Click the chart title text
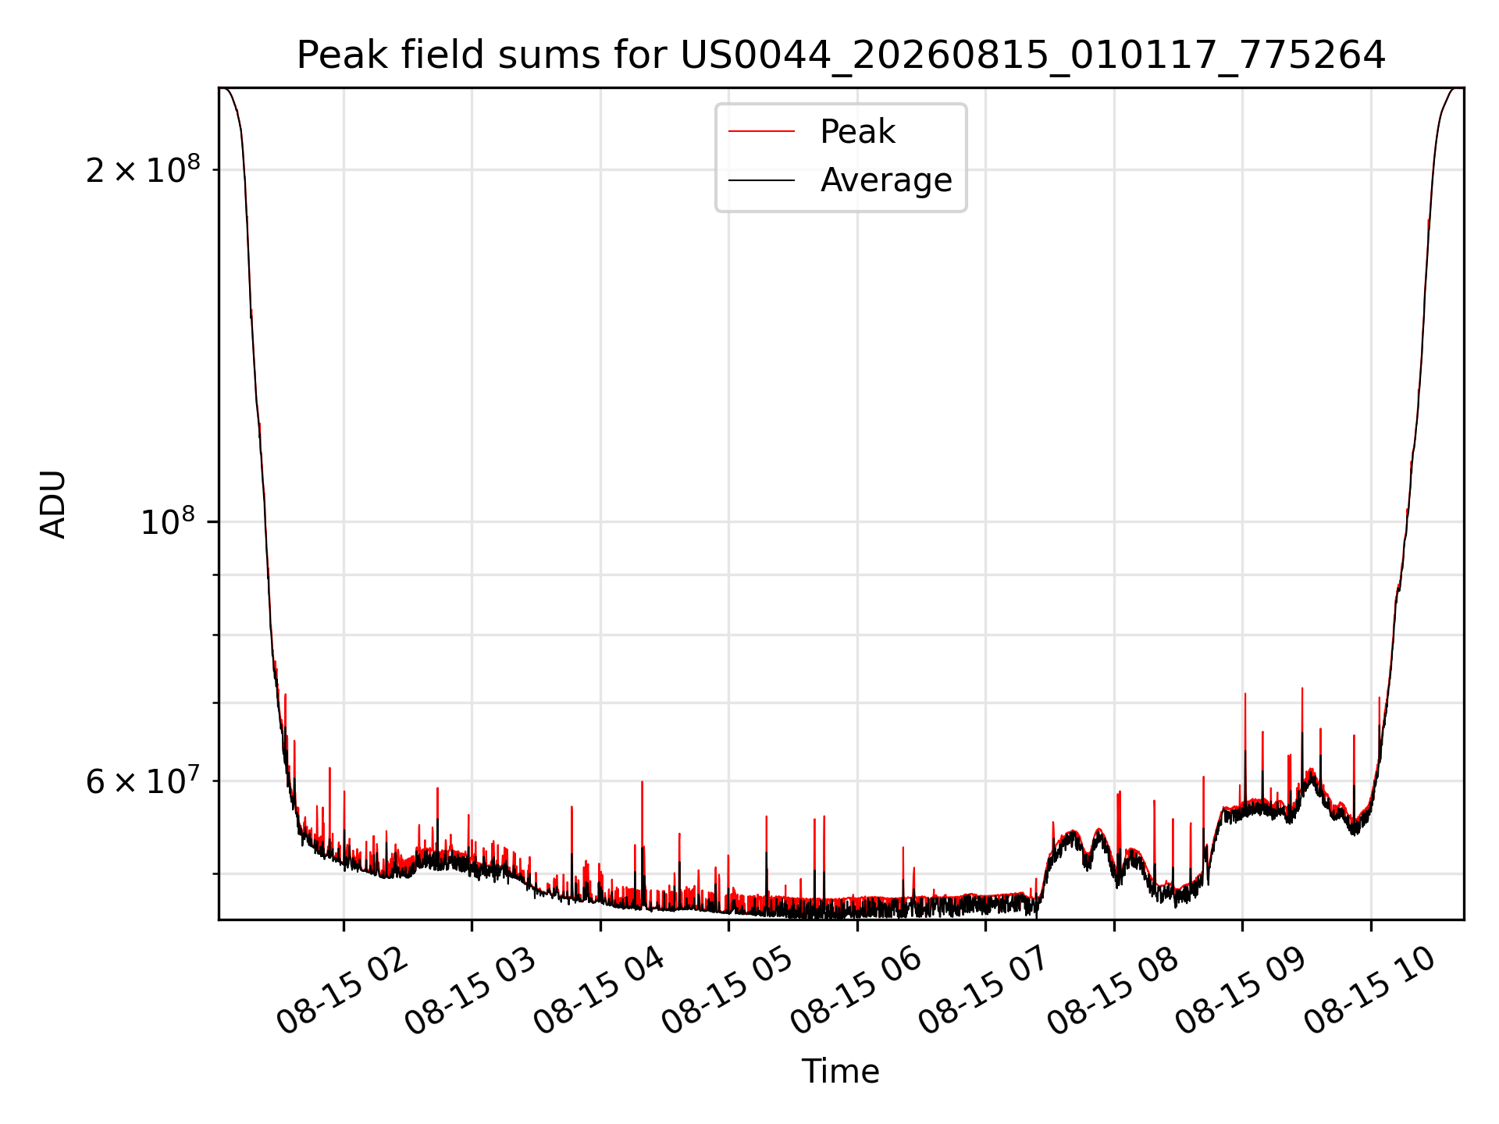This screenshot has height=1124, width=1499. coord(841,55)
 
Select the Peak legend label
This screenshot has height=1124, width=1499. coord(857,132)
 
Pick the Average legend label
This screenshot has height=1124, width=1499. coord(886,180)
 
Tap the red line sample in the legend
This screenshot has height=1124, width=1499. coord(761,132)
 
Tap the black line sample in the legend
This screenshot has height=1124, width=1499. coord(761,180)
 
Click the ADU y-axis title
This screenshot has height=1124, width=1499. coord(53,503)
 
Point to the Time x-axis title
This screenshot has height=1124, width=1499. coord(841,1072)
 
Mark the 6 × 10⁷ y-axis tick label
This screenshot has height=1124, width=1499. coord(143,780)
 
